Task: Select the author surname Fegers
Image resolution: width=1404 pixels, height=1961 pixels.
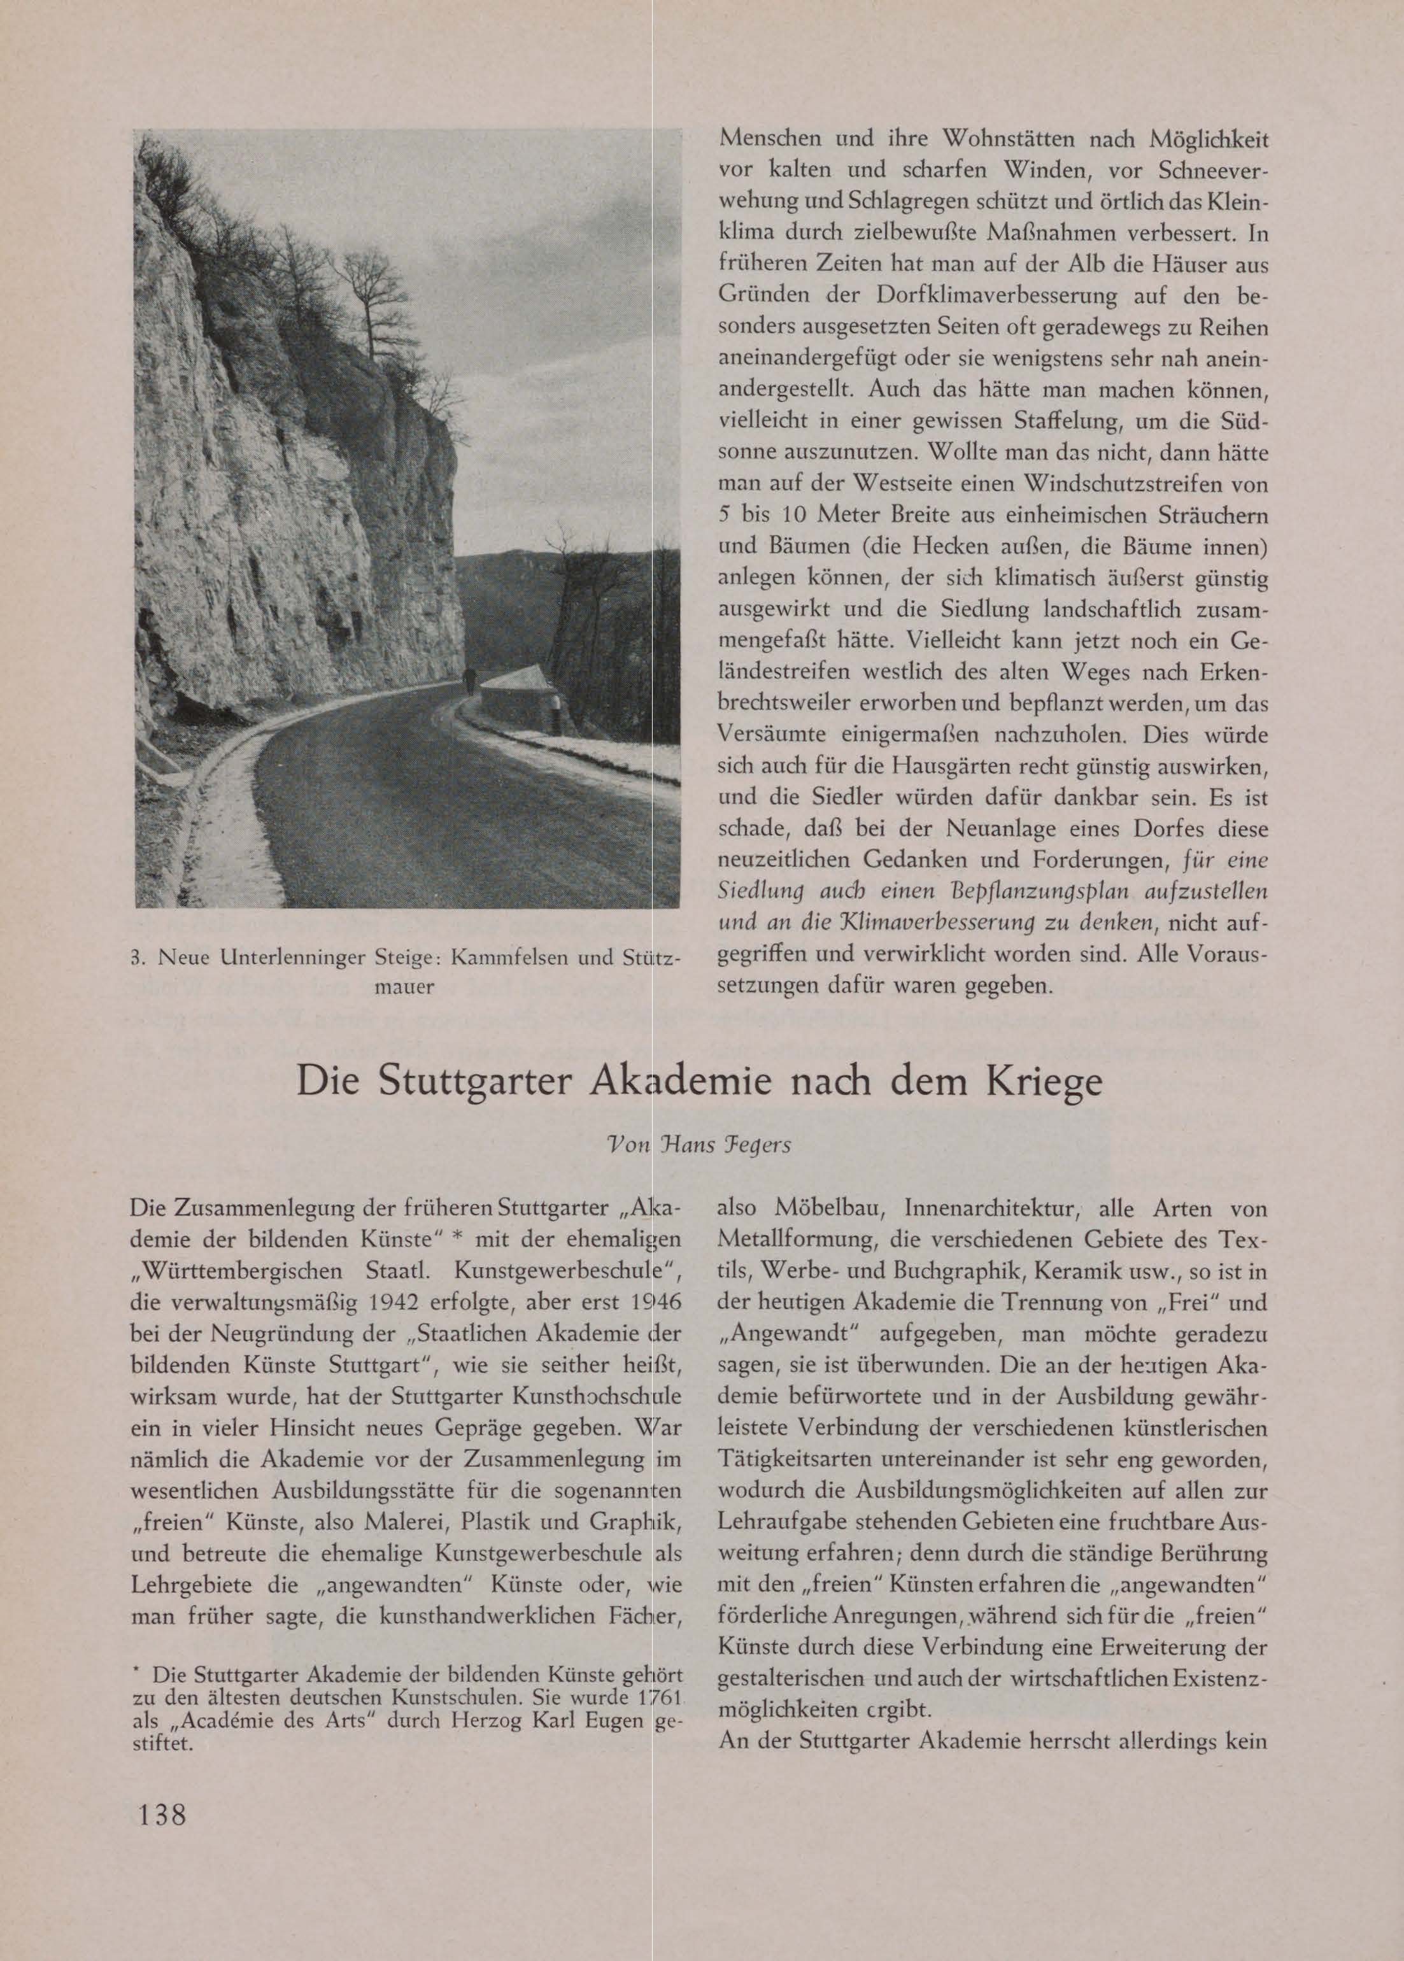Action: (754, 1147)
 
